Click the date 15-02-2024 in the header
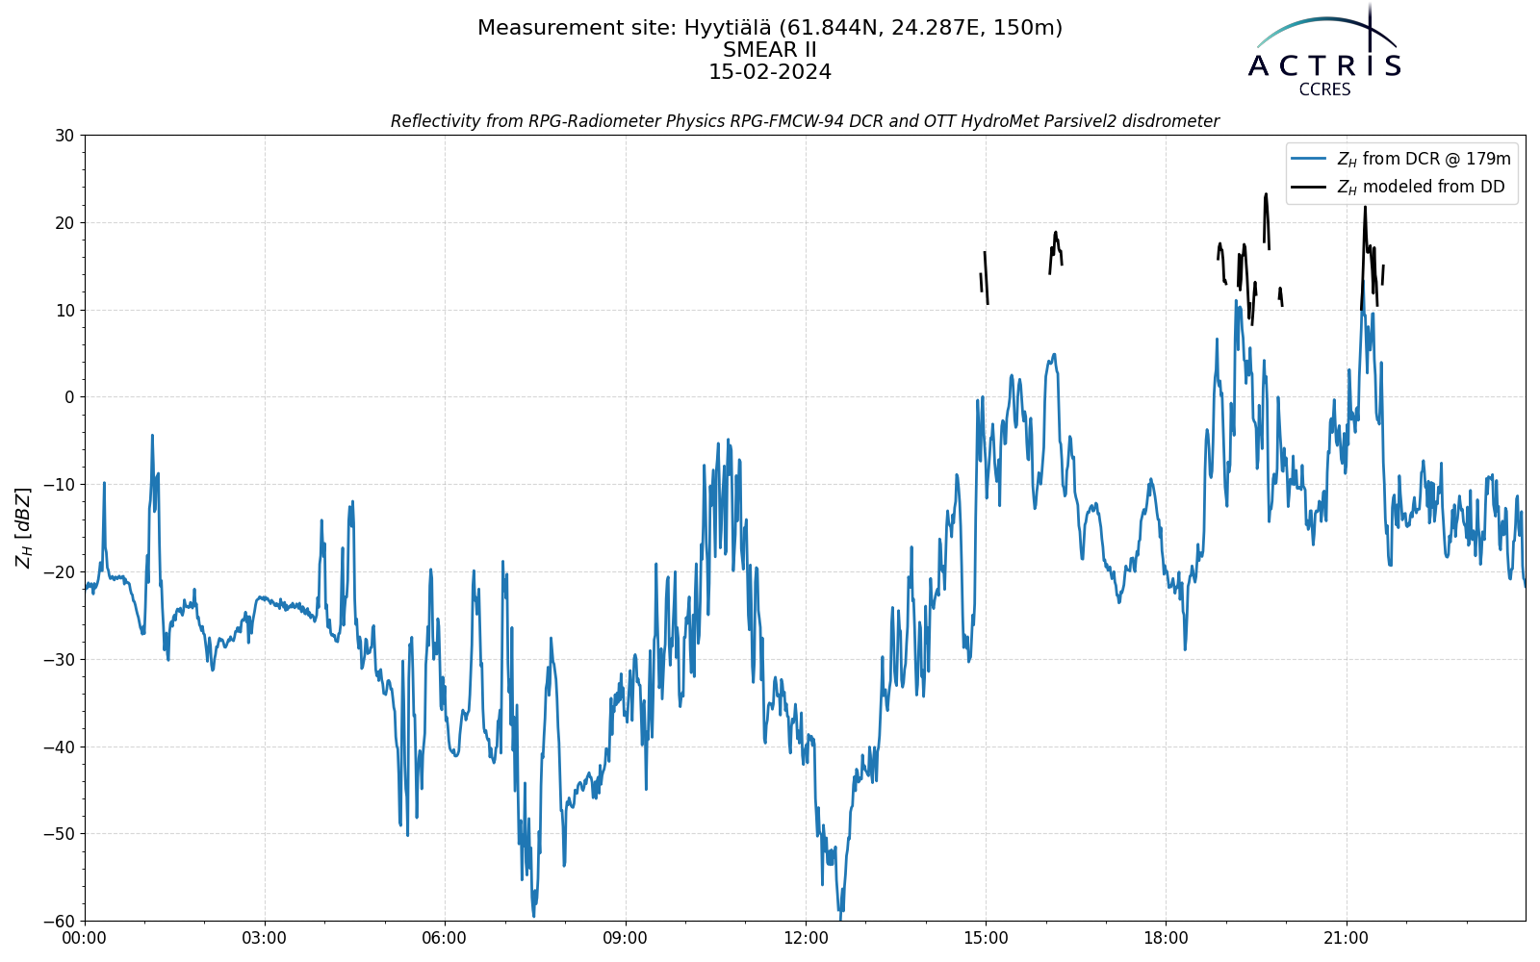pyautogui.click(x=770, y=72)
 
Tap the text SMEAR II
pyautogui.click(x=770, y=50)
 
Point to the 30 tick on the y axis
pyautogui.click(x=64, y=136)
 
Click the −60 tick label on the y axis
pyautogui.click(x=59, y=922)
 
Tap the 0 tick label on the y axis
pyautogui.click(x=69, y=397)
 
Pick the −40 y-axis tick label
pyautogui.click(x=59, y=747)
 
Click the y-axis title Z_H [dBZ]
pyautogui.click(x=23, y=528)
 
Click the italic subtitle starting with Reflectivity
pyautogui.click(x=805, y=121)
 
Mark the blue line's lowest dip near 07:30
pyautogui.click(x=533, y=916)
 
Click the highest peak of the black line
pyautogui.click(x=1266, y=194)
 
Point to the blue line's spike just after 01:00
pyautogui.click(x=153, y=436)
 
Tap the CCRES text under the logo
pyautogui.click(x=1324, y=90)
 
